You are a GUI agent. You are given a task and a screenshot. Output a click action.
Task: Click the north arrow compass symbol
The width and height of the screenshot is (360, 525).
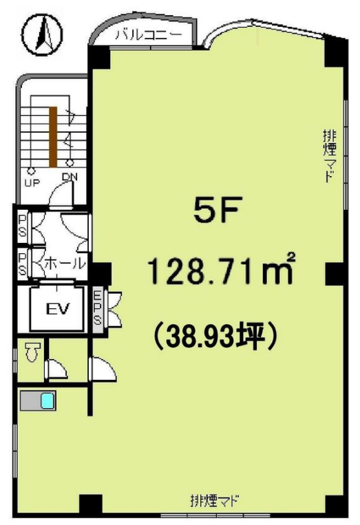click(x=43, y=34)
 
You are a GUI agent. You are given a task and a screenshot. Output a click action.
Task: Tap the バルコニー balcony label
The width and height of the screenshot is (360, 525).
click(x=149, y=35)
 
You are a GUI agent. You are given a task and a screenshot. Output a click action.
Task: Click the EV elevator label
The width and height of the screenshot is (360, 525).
click(x=57, y=308)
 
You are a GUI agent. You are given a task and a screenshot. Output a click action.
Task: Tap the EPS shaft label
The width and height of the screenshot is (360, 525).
click(x=97, y=308)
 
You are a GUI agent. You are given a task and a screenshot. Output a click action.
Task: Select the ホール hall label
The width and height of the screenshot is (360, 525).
click(x=65, y=264)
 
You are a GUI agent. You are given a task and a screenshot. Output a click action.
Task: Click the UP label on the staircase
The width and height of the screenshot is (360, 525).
click(x=32, y=182)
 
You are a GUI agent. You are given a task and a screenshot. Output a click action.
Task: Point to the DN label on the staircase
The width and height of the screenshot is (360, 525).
click(x=70, y=177)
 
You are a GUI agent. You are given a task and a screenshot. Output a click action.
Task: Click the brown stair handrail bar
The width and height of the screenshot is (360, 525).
click(x=53, y=137)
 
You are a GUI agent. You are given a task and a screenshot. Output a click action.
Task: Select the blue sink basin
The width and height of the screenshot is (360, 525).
click(x=47, y=400)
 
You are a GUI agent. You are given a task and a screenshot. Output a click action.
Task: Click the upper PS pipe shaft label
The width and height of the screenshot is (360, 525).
click(x=22, y=226)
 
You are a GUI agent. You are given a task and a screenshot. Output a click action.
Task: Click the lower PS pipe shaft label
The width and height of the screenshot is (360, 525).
click(x=22, y=264)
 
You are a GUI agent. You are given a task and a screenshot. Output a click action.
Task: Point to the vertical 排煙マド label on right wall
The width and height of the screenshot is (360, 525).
click(x=329, y=156)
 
